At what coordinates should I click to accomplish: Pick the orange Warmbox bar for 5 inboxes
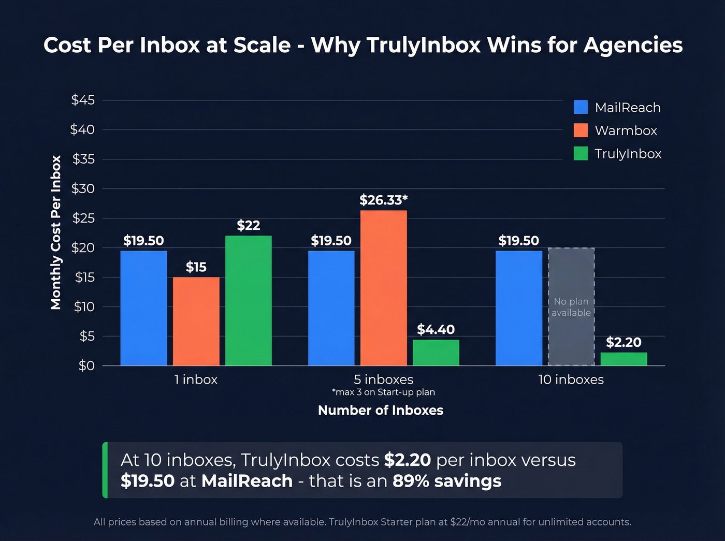pyautogui.click(x=383, y=288)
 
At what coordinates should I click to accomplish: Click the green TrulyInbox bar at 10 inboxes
pyautogui.click(x=624, y=359)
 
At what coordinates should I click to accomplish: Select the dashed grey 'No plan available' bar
pyautogui.click(x=571, y=306)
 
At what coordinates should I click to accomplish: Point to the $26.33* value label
pyautogui.click(x=383, y=200)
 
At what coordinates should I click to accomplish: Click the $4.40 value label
pyautogui.click(x=436, y=329)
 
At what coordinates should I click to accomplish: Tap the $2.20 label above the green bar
pyautogui.click(x=624, y=342)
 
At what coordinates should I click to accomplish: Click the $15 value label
pyautogui.click(x=196, y=267)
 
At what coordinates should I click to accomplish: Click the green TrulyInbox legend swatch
pyautogui.click(x=581, y=153)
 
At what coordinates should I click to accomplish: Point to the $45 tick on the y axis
pyautogui.click(x=83, y=100)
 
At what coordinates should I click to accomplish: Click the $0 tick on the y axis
pyautogui.click(x=86, y=365)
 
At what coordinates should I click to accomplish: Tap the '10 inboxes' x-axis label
pyautogui.click(x=571, y=379)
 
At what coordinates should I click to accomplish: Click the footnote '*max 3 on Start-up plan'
pyautogui.click(x=383, y=392)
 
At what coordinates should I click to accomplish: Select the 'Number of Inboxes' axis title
pyautogui.click(x=381, y=410)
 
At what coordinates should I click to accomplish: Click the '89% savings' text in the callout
pyautogui.click(x=447, y=481)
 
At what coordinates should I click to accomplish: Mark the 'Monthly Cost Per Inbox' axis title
pyautogui.click(x=56, y=232)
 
